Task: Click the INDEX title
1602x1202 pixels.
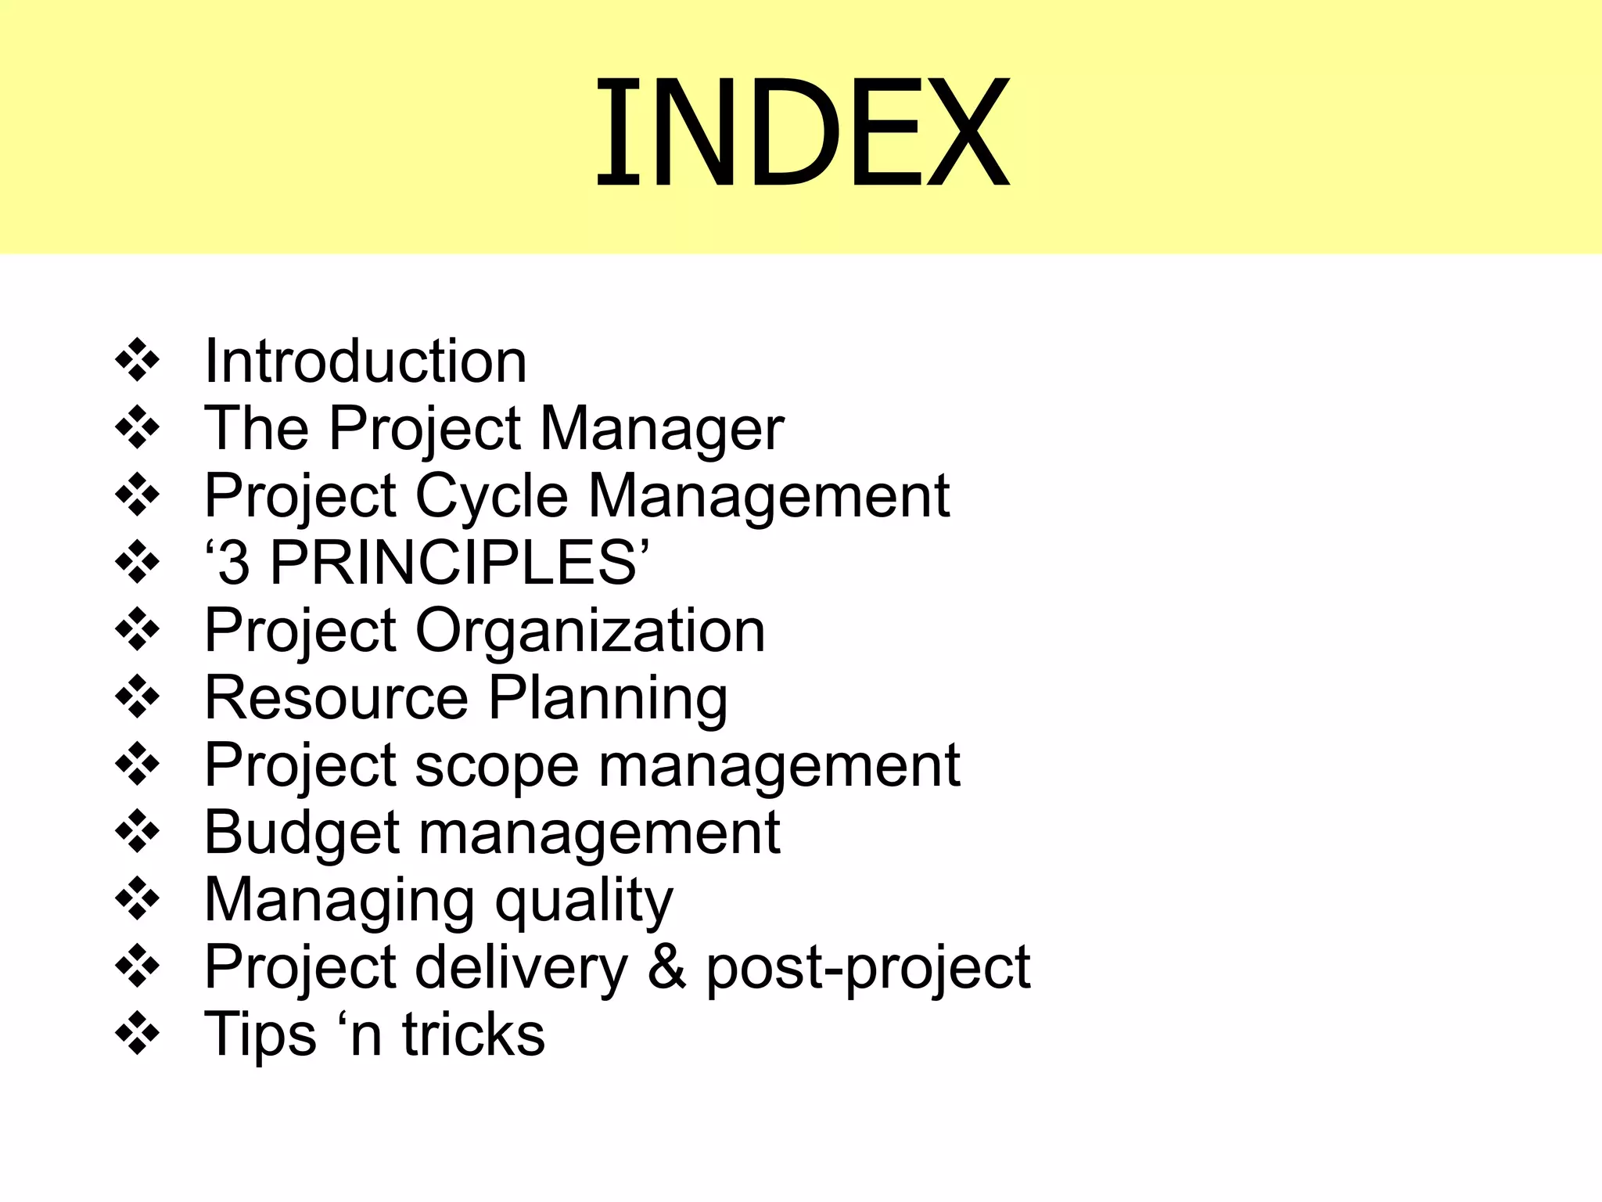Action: point(803,131)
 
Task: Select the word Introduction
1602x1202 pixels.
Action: point(365,362)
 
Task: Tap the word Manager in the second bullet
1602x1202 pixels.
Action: point(662,429)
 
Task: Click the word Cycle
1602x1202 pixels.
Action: point(491,496)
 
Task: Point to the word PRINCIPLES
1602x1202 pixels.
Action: point(454,563)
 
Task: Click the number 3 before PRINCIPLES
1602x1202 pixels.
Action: point(234,563)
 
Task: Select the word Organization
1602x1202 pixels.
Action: point(590,631)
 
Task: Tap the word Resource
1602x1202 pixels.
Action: point(336,698)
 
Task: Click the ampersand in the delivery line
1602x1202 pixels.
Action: point(667,968)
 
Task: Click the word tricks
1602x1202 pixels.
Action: point(473,1035)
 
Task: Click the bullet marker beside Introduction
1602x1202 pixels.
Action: point(138,360)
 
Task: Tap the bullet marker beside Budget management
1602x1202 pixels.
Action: point(138,831)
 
